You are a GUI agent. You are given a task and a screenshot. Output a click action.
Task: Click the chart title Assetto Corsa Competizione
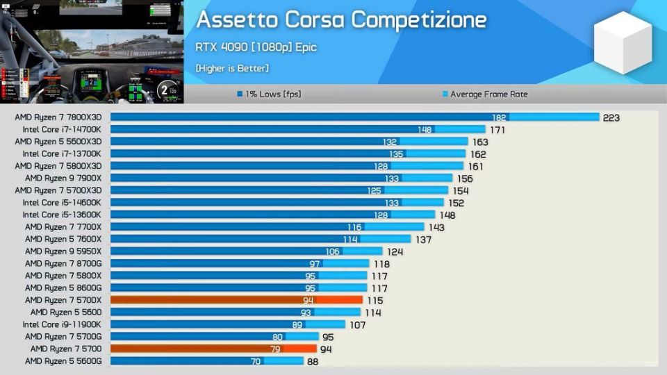tap(341, 19)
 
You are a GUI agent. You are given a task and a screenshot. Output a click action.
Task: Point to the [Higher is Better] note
tap(232, 68)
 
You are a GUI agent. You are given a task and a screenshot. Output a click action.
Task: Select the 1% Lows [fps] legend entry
tap(272, 94)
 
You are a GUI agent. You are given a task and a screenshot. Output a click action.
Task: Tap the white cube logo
tap(623, 43)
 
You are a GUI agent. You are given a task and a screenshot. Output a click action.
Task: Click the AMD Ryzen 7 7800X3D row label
tap(58, 117)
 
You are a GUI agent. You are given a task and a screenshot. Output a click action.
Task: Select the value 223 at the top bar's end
tap(611, 117)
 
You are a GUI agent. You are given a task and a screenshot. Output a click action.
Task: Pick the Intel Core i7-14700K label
tap(61, 129)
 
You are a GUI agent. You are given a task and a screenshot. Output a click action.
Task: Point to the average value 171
tap(497, 129)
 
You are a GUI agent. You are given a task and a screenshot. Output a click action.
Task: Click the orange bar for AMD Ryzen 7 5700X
tap(236, 300)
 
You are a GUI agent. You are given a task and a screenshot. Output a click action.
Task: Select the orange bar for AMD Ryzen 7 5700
tap(213, 349)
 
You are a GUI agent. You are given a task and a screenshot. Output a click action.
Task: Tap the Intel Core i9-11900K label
tap(61, 324)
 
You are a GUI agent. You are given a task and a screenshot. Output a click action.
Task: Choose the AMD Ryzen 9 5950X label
tap(63, 251)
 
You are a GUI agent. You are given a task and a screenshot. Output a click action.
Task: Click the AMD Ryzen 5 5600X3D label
tap(58, 142)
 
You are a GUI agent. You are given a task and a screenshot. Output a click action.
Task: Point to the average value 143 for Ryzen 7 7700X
tap(436, 227)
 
